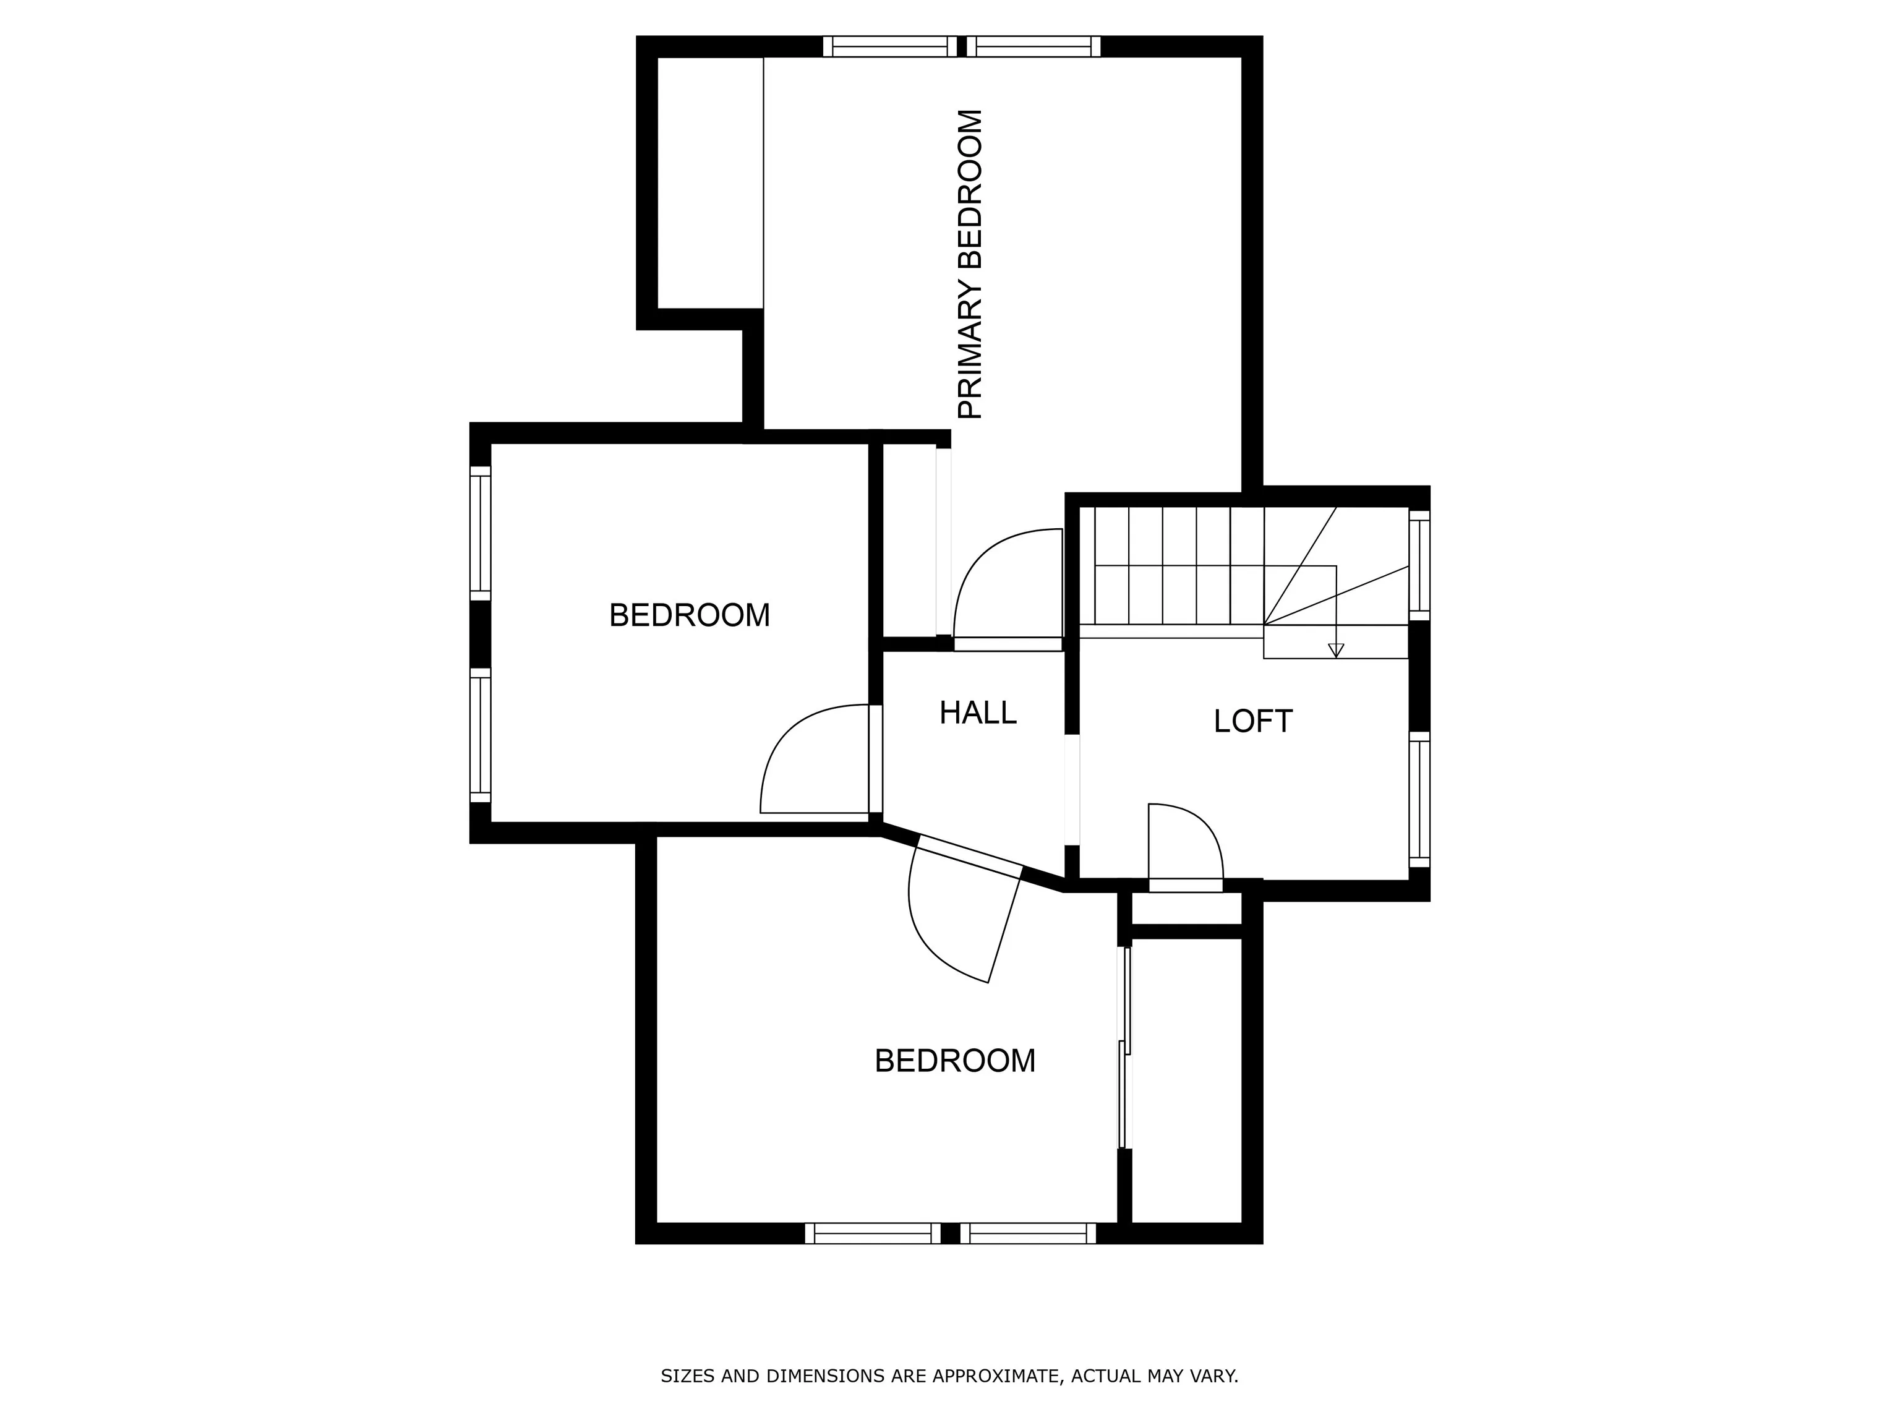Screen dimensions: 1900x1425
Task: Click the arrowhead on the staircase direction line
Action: tap(1336, 650)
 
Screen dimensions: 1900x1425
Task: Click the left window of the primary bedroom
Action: tap(890, 46)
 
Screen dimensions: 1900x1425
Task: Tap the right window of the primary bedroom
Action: tap(1034, 46)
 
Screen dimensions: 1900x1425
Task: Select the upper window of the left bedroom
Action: tap(480, 533)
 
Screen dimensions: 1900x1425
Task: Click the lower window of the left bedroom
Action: tap(480, 735)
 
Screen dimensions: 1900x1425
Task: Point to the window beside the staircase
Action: tap(1419, 565)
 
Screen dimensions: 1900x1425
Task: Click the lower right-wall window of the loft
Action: tap(1419, 799)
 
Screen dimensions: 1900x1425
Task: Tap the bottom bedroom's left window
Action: tap(873, 1233)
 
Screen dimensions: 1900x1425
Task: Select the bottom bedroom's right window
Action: tap(1028, 1233)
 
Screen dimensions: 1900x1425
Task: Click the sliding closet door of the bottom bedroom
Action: tap(1124, 1047)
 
